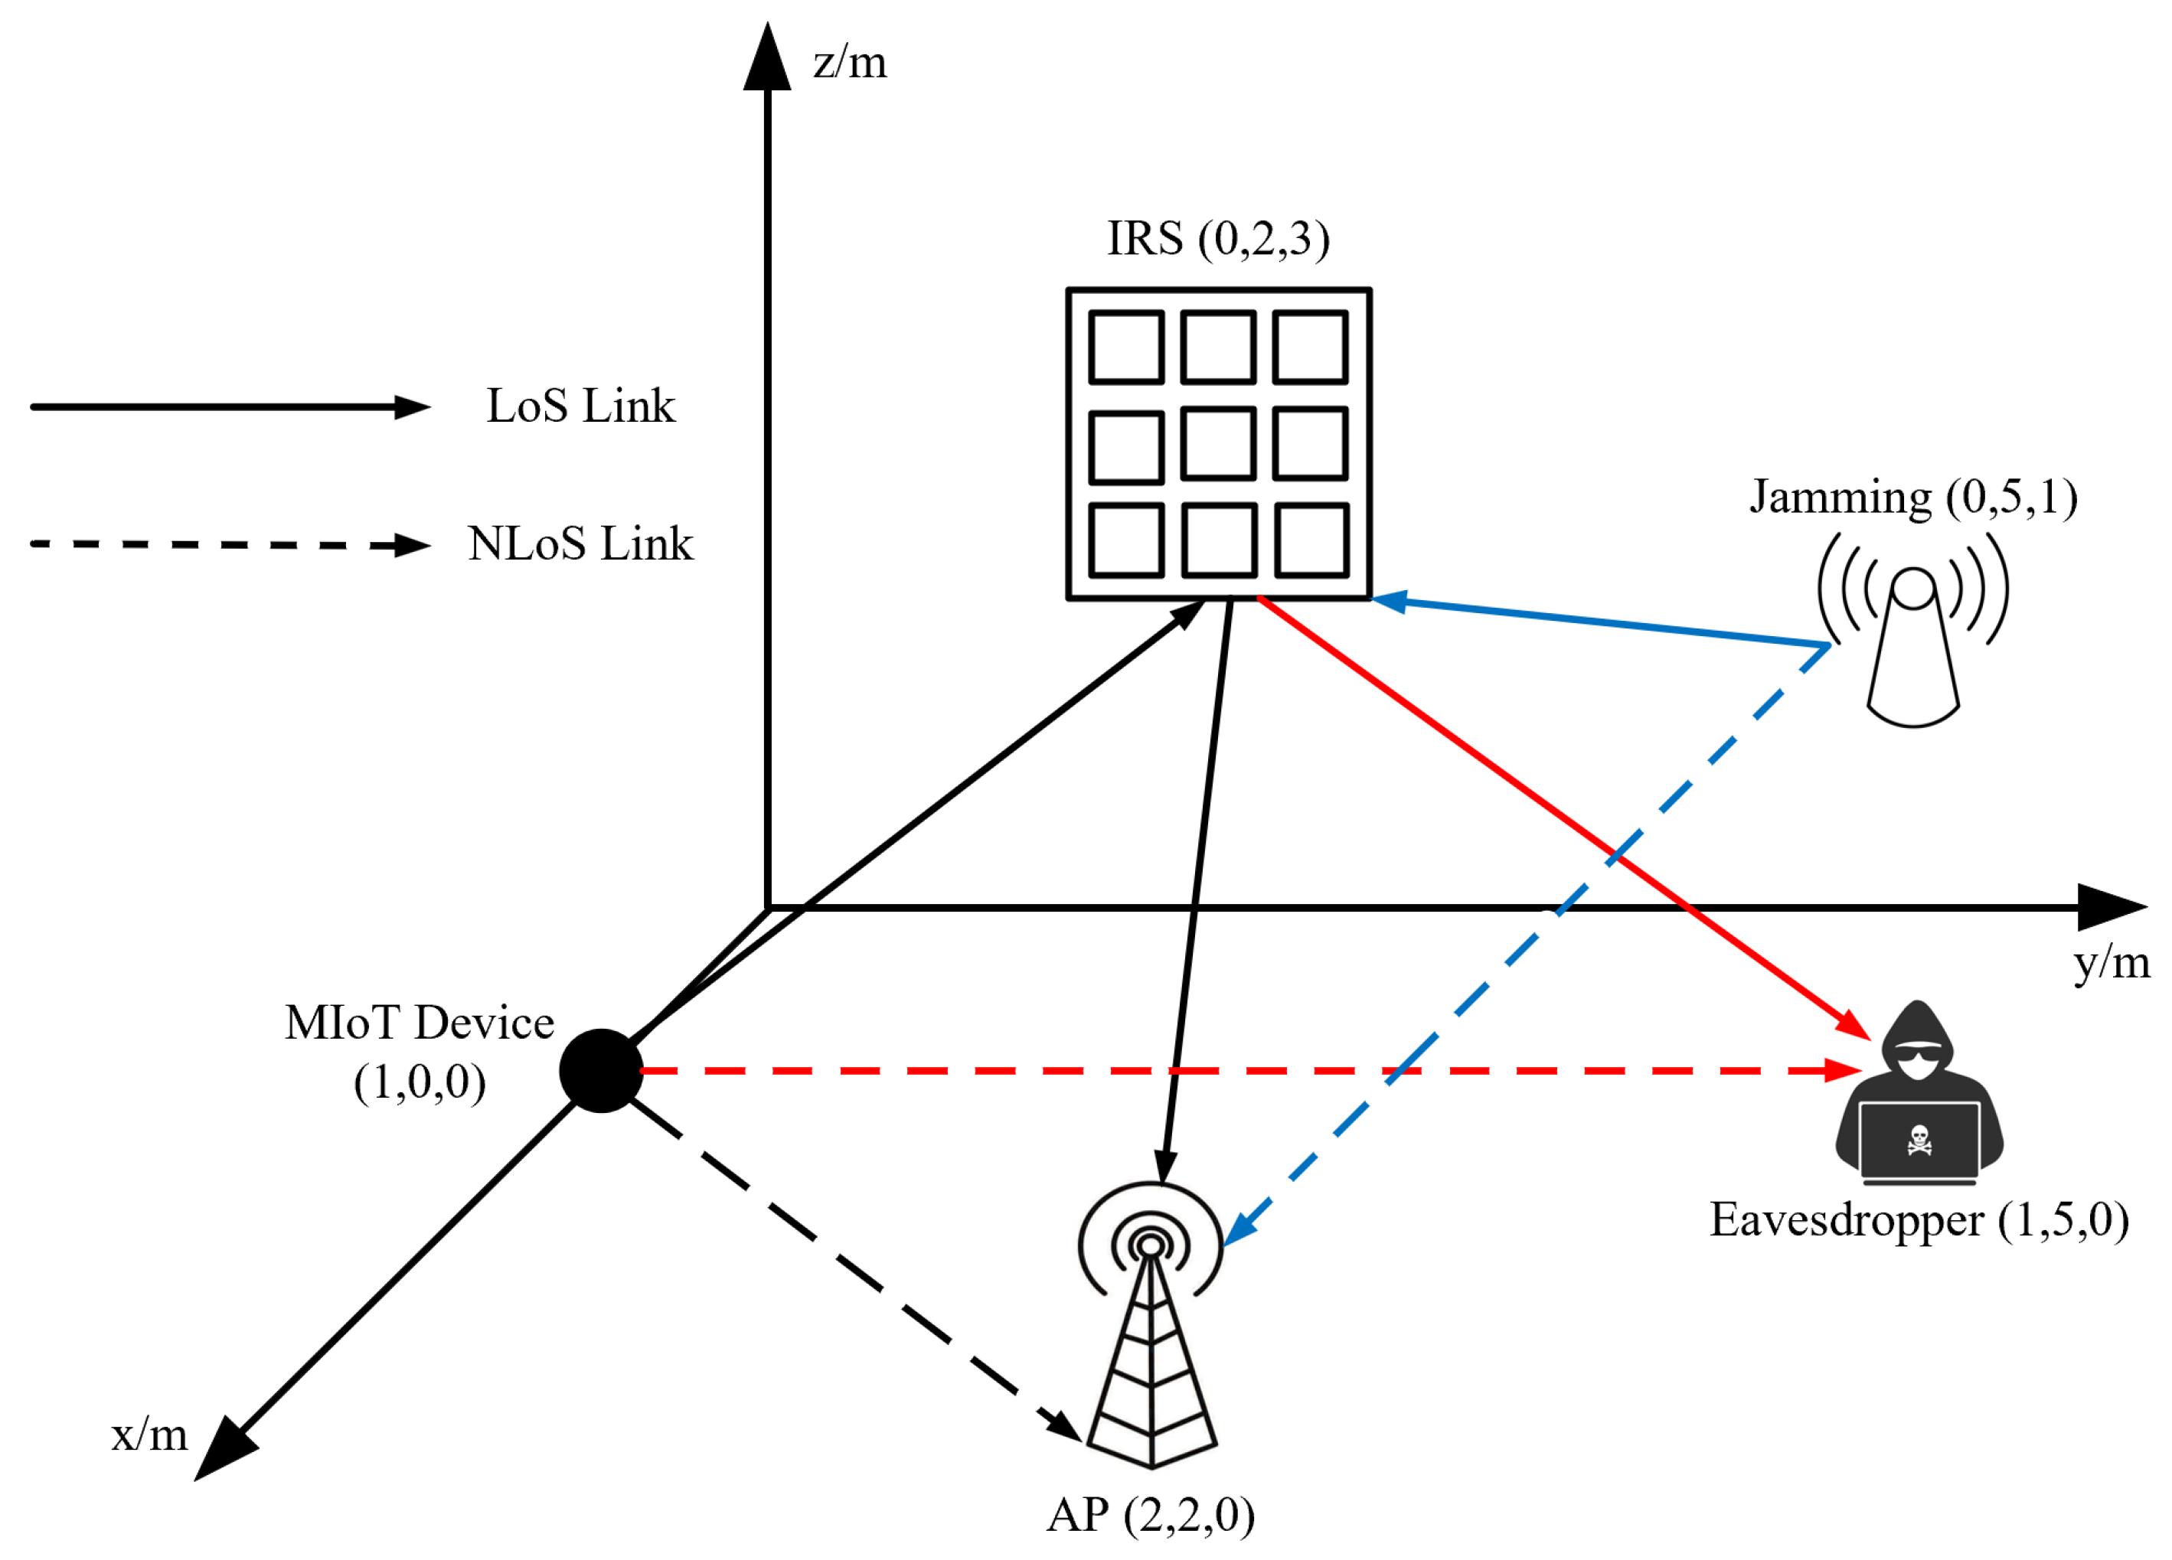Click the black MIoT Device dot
(x=600, y=1071)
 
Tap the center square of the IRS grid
(x=1217, y=443)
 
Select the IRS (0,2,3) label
(x=1218, y=239)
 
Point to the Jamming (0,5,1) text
(x=1913, y=497)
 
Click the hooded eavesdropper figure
(x=1919, y=1092)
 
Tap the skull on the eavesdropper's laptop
(x=1919, y=1141)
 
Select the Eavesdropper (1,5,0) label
(x=1919, y=1220)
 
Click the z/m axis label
(x=850, y=64)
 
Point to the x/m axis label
(x=149, y=1434)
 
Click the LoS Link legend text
(x=580, y=406)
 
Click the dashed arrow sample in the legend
(x=230, y=545)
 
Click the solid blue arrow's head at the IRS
(x=1390, y=602)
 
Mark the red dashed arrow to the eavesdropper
(x=1245, y=1071)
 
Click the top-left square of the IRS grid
(x=1126, y=347)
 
